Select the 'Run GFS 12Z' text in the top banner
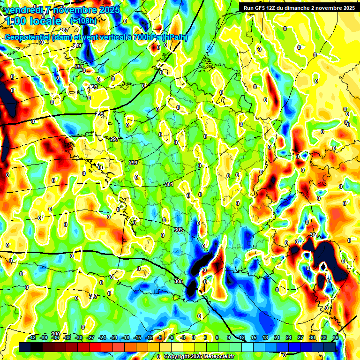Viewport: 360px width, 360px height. [262, 8]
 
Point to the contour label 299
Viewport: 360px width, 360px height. [133, 163]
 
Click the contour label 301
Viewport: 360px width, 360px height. [169, 185]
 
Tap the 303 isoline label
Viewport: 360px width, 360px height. [178, 230]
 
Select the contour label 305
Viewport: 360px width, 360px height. [178, 281]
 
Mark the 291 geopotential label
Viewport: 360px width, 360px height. [79, 67]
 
